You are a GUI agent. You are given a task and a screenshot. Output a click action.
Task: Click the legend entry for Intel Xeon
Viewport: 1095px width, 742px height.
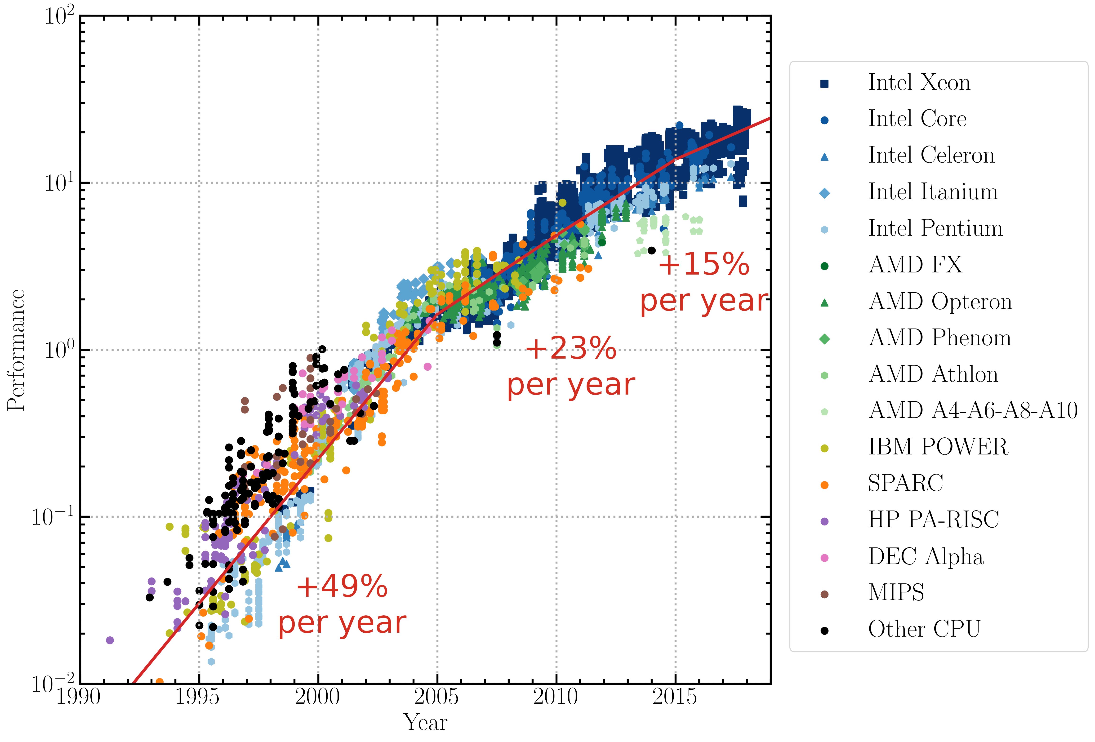919,83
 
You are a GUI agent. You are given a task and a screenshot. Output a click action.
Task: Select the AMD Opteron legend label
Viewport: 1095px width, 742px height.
940,302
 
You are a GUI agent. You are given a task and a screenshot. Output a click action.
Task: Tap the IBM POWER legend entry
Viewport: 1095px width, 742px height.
938,447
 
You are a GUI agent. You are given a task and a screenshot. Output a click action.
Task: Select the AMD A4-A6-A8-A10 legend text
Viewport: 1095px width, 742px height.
973,410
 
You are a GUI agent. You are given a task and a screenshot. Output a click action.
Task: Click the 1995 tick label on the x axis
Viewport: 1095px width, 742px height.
197,697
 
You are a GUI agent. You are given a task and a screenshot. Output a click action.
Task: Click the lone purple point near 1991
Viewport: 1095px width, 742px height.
110,640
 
